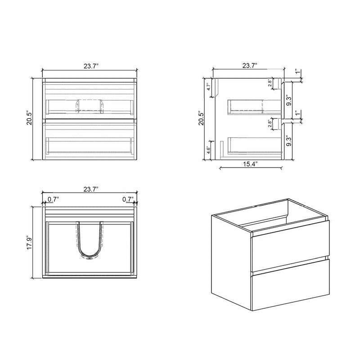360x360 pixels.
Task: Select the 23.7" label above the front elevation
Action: (90, 66)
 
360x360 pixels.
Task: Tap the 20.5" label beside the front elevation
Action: (30, 119)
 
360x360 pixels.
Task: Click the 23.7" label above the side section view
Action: (249, 66)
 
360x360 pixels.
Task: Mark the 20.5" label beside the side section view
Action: (202, 119)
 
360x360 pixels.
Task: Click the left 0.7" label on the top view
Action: (52, 199)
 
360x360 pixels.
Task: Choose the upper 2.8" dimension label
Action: (270, 83)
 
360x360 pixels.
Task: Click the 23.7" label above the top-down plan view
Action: (90, 190)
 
